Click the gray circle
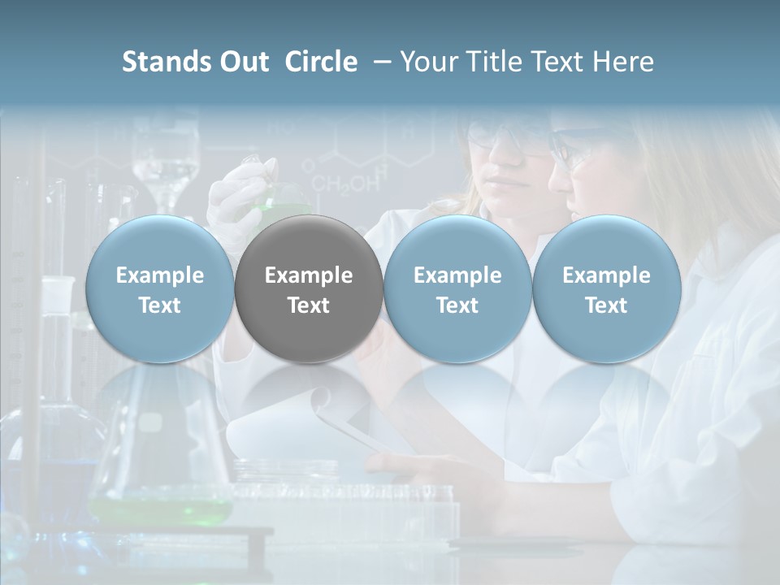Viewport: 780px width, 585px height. [x=309, y=288]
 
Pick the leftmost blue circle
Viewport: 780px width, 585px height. [x=159, y=288]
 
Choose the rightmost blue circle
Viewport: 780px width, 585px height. [x=606, y=288]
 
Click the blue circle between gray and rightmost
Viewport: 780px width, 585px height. [x=457, y=288]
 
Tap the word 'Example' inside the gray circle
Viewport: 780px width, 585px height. [x=309, y=275]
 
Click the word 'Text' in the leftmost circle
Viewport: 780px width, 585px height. [x=159, y=305]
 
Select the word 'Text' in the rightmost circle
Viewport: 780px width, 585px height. [x=606, y=305]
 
